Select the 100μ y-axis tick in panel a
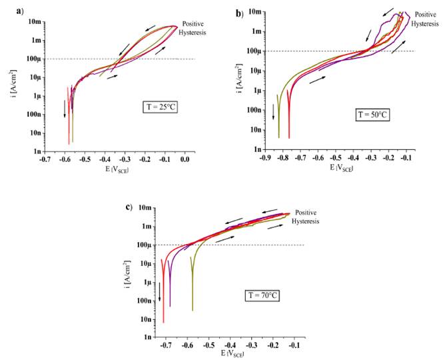click(x=31, y=59)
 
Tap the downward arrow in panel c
click(x=159, y=293)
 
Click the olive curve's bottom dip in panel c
click(x=192, y=310)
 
